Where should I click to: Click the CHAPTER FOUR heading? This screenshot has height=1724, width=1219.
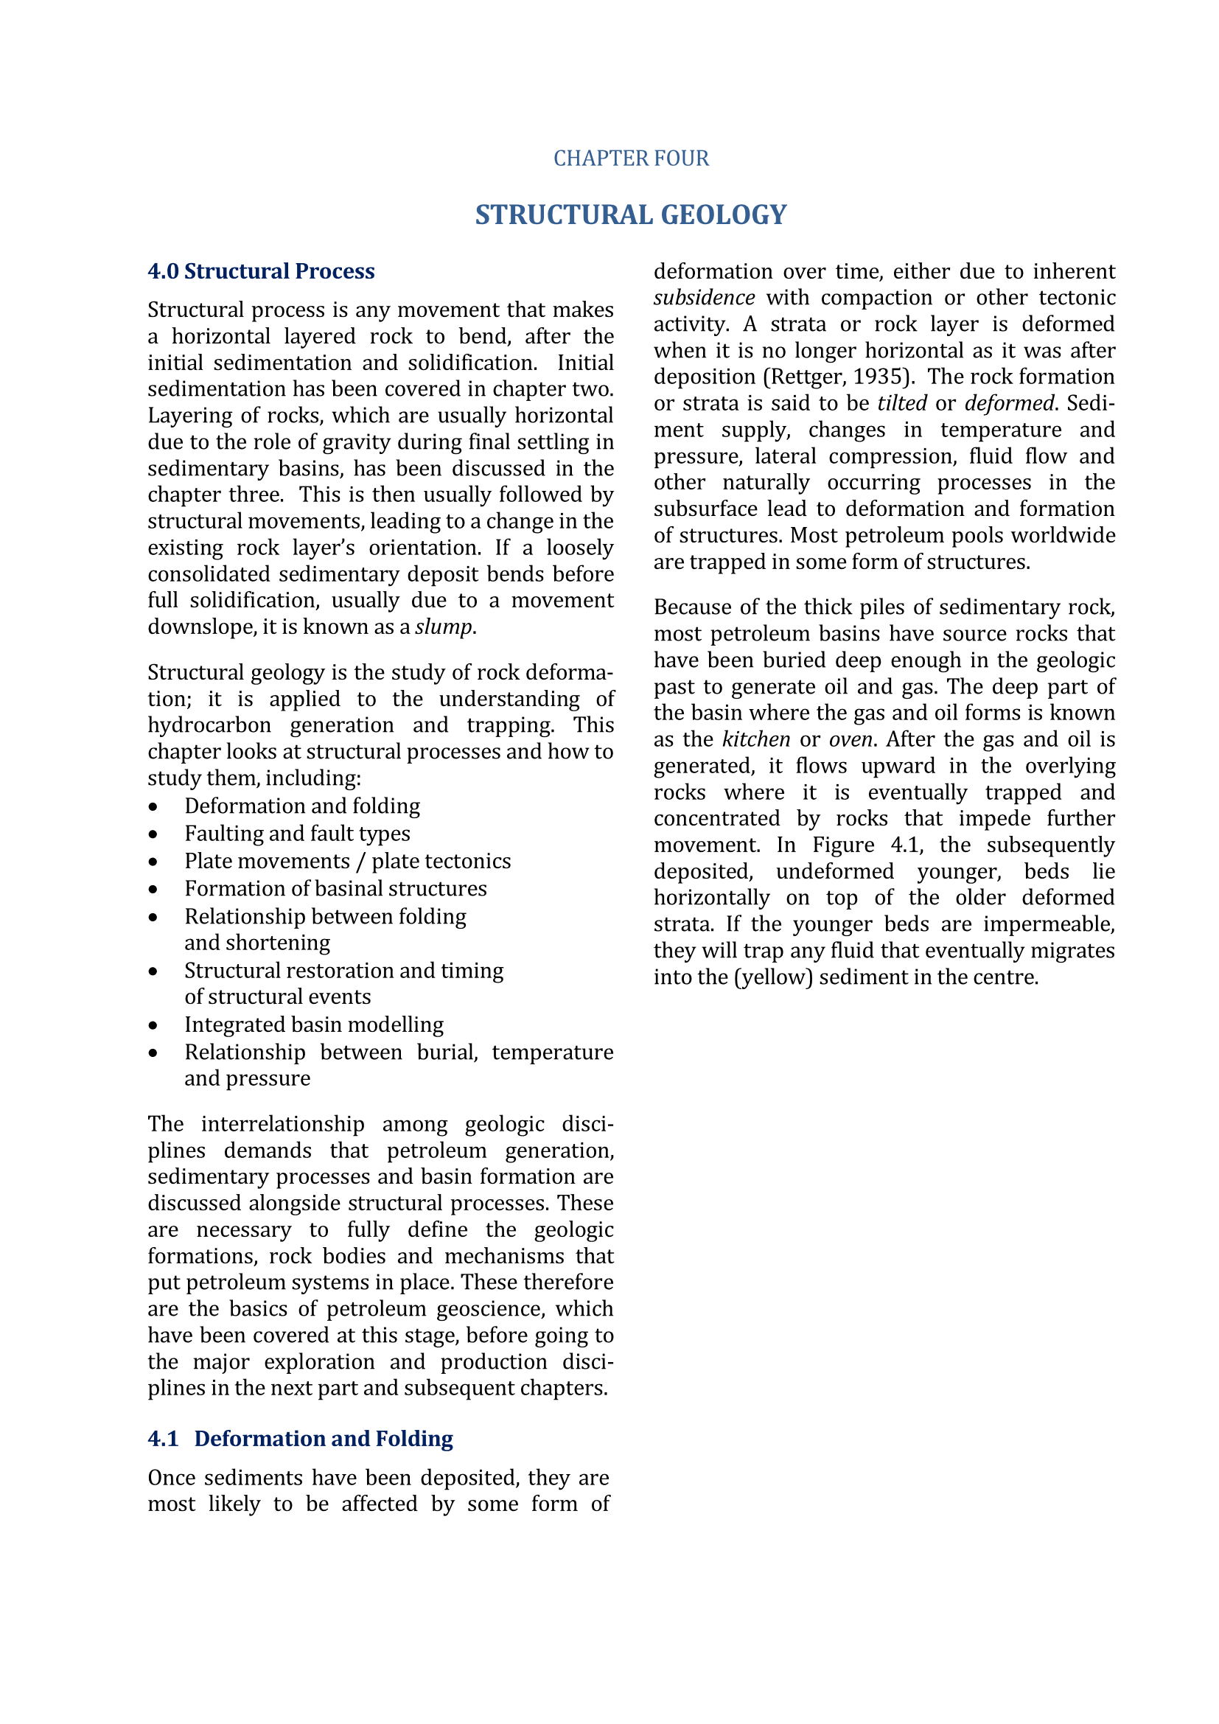631,158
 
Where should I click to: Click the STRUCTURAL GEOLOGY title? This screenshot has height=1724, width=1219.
631,214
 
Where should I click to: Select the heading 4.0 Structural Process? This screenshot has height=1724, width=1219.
260,271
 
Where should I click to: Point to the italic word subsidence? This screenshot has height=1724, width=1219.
704,298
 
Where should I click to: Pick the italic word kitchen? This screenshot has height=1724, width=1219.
756,739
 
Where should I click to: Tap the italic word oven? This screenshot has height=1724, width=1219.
850,739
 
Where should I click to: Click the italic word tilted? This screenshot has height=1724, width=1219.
902,404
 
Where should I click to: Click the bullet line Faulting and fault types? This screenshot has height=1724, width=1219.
297,834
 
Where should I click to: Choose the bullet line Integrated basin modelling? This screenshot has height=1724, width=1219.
314,1025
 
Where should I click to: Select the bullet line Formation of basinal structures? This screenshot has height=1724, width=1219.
335,889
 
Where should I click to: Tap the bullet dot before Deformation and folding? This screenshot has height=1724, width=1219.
153,807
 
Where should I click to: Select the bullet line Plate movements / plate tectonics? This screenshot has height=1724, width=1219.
348,861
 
